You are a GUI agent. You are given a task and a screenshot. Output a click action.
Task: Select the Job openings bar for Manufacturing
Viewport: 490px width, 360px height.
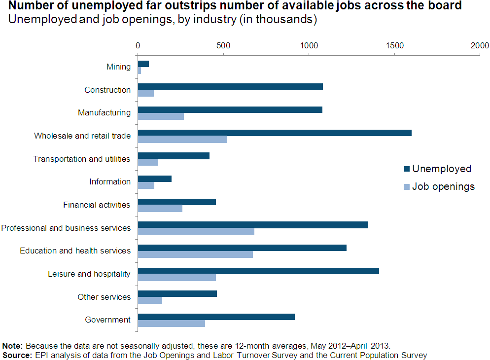pyautogui.click(x=161, y=116)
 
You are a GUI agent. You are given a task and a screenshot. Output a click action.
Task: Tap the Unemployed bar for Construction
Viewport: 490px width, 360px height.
pyautogui.click(x=230, y=87)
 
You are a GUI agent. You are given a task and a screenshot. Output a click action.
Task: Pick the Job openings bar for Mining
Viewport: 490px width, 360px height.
pyautogui.click(x=140, y=71)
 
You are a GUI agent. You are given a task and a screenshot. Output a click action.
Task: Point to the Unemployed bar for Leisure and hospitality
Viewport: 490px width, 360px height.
pyautogui.click(x=258, y=271)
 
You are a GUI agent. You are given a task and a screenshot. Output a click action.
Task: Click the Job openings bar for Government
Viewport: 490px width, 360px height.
pyautogui.click(x=172, y=324)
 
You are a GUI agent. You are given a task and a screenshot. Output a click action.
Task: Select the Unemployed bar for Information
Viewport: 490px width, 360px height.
pyautogui.click(x=155, y=179)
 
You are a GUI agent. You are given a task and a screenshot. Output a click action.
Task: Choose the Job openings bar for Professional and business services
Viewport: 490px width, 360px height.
pyautogui.click(x=196, y=231)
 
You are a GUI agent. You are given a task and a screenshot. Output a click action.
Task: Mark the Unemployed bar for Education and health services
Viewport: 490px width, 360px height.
pyautogui.click(x=242, y=248)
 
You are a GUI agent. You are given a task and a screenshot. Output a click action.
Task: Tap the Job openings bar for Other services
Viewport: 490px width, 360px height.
pyautogui.click(x=150, y=300)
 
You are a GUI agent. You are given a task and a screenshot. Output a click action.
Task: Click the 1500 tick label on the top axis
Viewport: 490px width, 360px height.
pyautogui.click(x=394, y=45)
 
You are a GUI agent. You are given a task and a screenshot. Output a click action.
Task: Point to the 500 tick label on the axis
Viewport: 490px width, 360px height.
pyautogui.click(x=223, y=45)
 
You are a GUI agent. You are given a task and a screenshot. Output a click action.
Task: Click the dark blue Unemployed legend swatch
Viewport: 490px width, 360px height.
pyautogui.click(x=406, y=169)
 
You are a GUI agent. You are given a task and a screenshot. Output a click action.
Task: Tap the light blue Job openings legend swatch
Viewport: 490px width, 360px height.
pyautogui.click(x=406, y=187)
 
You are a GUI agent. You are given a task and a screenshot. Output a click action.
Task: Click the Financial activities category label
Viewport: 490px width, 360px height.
pyautogui.click(x=97, y=205)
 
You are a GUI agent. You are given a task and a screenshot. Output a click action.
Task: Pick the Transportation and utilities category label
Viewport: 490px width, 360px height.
pyautogui.click(x=82, y=159)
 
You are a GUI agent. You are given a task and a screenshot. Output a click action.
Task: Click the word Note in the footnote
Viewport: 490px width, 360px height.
pyautogui.click(x=12, y=346)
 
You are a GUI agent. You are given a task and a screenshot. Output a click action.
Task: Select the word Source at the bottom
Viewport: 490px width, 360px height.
pyautogui.click(x=15, y=355)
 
